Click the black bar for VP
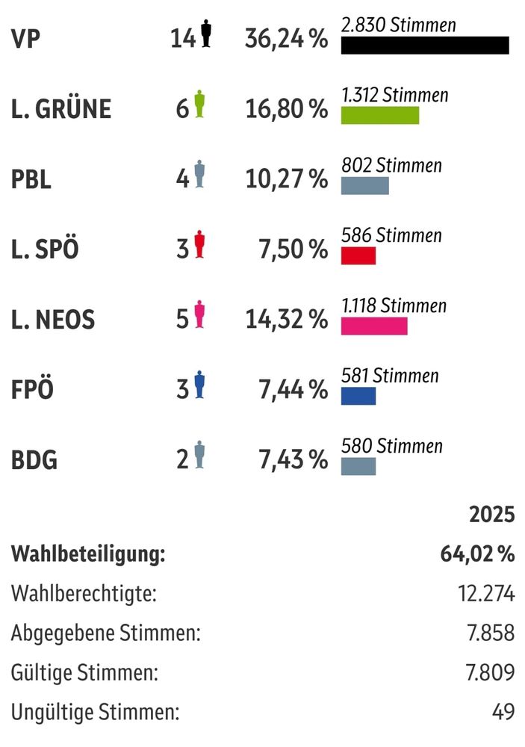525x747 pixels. point(424,45)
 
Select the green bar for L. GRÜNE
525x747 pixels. point(379,115)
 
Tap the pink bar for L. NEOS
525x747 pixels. point(374,326)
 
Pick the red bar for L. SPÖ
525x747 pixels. point(358,255)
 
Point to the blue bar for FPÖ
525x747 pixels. point(358,396)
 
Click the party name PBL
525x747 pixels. point(31,179)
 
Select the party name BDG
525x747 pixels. point(34,460)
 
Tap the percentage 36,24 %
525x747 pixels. point(286,39)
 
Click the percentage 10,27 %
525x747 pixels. point(286,179)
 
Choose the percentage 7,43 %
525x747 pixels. point(293,460)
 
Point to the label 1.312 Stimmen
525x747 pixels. point(394,95)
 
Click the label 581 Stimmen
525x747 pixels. point(390,376)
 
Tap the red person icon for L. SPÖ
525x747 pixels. point(199,245)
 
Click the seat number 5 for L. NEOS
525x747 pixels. point(182,320)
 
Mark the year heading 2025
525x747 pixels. point(491,515)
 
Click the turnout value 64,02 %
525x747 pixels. point(477,554)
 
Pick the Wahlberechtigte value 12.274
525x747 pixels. point(485,594)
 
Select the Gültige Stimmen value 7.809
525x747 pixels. point(490,672)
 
